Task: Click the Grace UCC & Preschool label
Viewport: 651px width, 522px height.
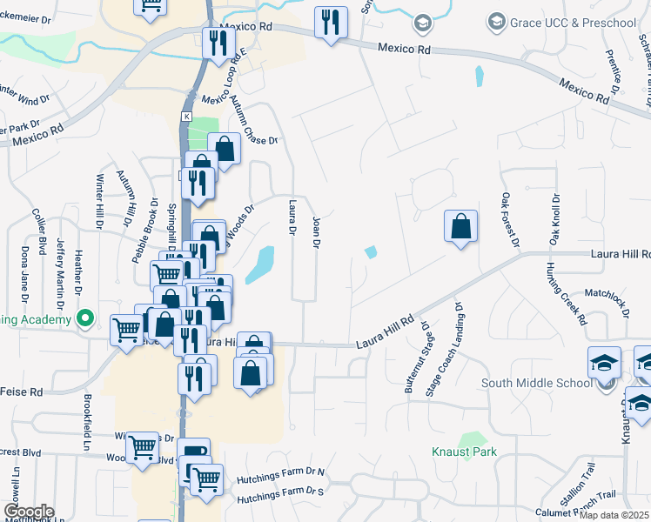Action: (x=574, y=22)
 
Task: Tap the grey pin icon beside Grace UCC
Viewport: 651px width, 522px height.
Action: (x=498, y=21)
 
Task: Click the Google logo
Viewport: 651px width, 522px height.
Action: (x=28, y=512)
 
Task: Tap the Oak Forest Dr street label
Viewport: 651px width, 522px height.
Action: (x=509, y=218)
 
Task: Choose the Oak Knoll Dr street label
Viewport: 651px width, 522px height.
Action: (x=554, y=220)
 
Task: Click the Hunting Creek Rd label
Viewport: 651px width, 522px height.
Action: (x=567, y=293)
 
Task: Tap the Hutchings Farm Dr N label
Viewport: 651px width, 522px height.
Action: (x=280, y=473)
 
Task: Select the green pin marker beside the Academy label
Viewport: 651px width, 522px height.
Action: (x=84, y=319)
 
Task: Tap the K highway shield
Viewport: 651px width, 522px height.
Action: (x=186, y=116)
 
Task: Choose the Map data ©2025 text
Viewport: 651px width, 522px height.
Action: (x=614, y=515)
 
